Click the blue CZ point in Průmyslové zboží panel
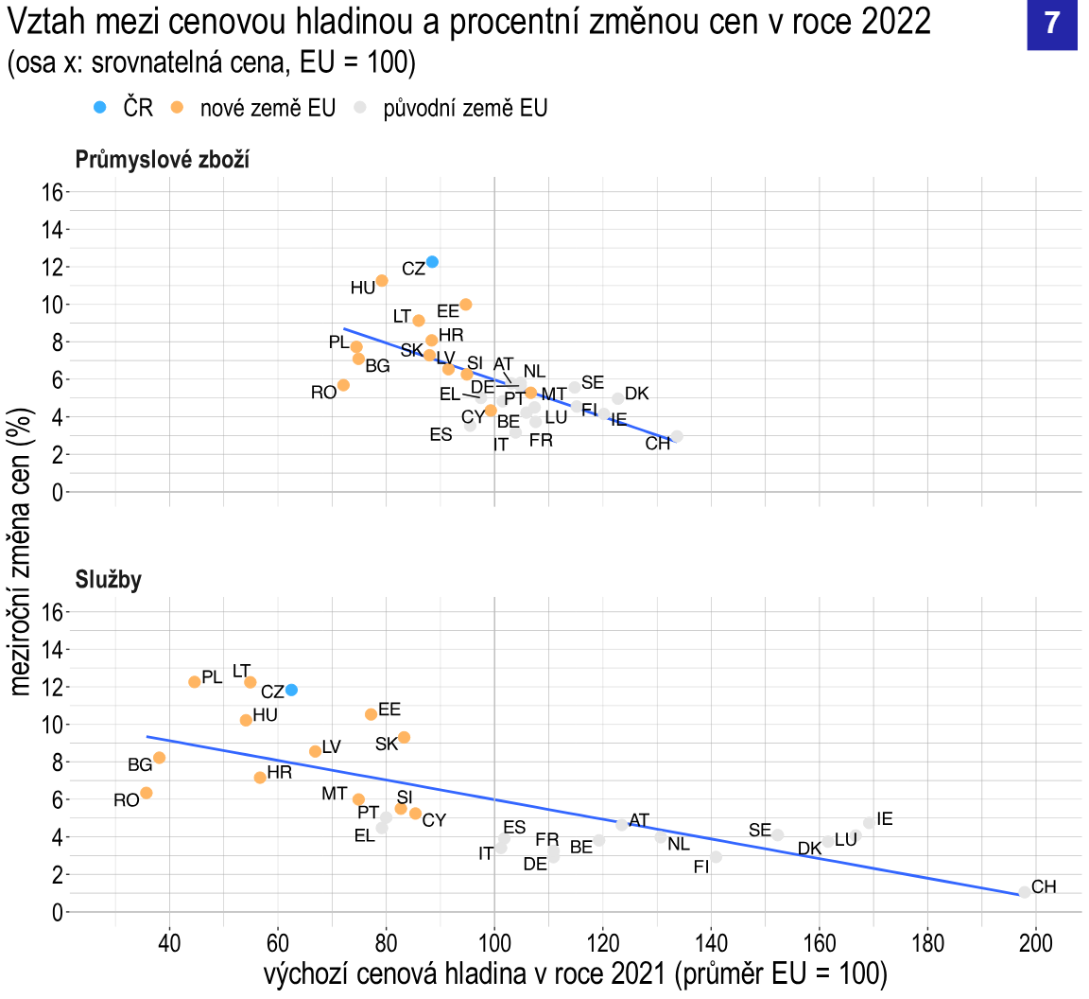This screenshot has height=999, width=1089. [x=432, y=262]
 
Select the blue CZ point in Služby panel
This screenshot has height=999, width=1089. [x=291, y=690]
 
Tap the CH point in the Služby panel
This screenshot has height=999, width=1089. [x=1025, y=892]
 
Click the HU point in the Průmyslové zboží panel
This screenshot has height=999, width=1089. [x=382, y=281]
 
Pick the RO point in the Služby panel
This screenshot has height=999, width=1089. [x=147, y=793]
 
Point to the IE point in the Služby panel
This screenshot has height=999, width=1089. [x=869, y=823]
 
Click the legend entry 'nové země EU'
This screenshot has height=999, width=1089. [x=268, y=108]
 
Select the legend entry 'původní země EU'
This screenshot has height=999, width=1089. [x=465, y=108]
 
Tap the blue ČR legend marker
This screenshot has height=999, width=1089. [x=100, y=107]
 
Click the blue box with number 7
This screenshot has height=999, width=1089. [x=1052, y=26]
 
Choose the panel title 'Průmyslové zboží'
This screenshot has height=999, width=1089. [x=163, y=159]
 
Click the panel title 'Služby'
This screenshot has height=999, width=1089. [x=109, y=579]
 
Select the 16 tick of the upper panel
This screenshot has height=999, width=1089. [x=53, y=192]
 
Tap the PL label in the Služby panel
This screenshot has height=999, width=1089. [x=213, y=677]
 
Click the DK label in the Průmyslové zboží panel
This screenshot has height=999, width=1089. [x=637, y=394]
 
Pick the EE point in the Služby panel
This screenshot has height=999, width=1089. [x=372, y=714]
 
